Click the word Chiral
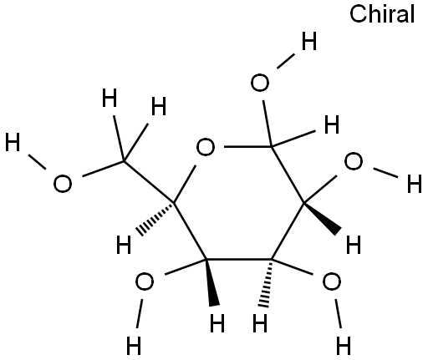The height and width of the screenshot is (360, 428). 382,14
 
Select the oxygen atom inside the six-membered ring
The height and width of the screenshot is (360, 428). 206,147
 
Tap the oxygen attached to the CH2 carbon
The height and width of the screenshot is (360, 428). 63,184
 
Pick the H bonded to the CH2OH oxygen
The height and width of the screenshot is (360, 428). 13,142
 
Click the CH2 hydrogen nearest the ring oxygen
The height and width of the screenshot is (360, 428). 159,106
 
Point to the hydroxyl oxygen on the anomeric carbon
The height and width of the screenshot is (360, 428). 260,83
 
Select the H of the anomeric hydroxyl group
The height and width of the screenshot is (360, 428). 309,41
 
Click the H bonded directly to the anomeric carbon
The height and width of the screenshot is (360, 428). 332,124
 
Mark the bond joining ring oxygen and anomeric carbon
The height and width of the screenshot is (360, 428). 248,146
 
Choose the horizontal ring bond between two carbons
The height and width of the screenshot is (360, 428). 238,259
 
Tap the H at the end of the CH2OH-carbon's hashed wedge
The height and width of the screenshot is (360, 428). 124,245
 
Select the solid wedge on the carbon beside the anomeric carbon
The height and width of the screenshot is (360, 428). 323,218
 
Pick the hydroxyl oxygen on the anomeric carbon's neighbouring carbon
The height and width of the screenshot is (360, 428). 354,161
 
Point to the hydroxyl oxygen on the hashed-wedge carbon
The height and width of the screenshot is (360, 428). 331,281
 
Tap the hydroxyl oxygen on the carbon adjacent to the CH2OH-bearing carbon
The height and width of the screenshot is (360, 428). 144,281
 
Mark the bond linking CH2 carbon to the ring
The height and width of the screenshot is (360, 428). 149,181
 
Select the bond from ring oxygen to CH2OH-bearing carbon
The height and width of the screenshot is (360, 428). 185,183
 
